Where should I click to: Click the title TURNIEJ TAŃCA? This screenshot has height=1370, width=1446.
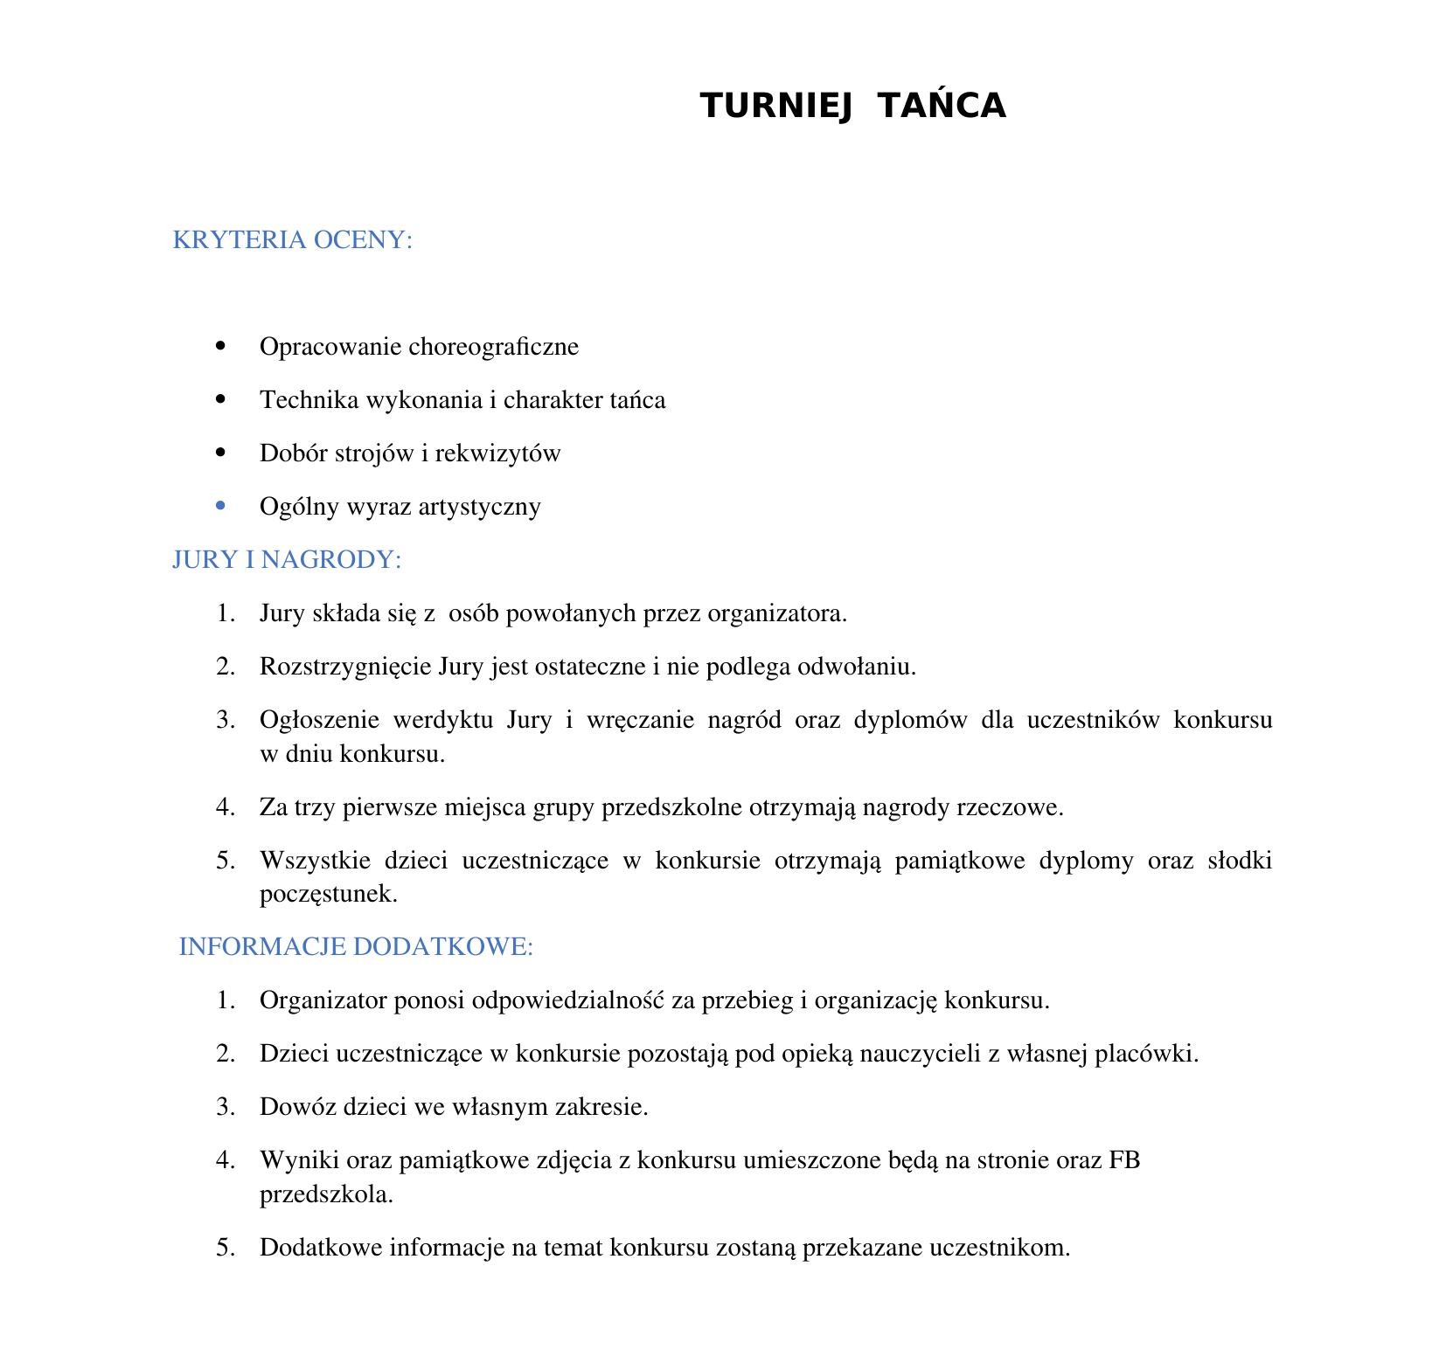852,106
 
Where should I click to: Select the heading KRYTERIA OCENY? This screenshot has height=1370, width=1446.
292,239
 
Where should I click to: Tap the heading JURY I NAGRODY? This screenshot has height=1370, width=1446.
287,559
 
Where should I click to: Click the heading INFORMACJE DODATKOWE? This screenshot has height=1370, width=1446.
356,946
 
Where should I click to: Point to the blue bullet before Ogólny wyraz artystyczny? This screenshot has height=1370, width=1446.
219,506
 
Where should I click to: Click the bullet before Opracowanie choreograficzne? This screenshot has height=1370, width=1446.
219,346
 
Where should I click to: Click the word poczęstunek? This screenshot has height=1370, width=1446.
328,894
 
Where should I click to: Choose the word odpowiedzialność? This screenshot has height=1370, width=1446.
568,1000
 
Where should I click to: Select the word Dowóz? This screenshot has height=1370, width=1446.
297,1107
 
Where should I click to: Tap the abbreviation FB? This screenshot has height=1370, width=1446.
1124,1160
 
